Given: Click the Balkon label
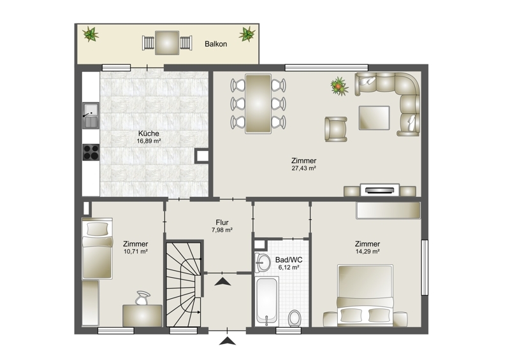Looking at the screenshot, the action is point(215,44).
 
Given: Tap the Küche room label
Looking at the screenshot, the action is point(149,133).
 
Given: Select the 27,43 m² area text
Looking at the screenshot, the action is point(304,168).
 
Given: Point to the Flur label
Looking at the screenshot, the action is point(222,222).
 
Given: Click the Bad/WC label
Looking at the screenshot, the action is point(289,260).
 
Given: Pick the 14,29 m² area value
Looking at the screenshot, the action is point(368,252).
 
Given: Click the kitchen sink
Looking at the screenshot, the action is point(91,115).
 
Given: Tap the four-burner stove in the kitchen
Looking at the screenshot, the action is point(91,152).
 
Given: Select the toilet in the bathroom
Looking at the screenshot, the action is point(295,318).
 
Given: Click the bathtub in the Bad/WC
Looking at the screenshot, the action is point(266,301).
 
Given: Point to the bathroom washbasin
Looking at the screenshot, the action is point(263,263).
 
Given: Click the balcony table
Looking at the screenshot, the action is point(167,43).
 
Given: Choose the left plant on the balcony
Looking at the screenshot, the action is point(91,34).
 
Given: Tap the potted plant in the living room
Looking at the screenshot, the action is point(339,86).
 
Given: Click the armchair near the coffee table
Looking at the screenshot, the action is point(336,129).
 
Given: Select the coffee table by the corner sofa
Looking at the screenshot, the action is point(374,118).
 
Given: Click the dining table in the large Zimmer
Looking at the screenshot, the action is point(258,104).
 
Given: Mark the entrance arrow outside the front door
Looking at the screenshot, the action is point(228,341).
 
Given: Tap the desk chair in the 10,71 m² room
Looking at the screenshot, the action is point(142,298).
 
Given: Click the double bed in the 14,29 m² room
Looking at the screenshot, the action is point(365,295).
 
